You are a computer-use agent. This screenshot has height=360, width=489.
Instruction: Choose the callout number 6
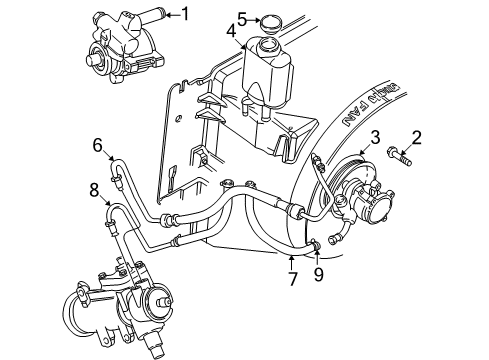(98, 146)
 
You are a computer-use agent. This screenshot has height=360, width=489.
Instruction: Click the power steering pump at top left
(117, 47)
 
